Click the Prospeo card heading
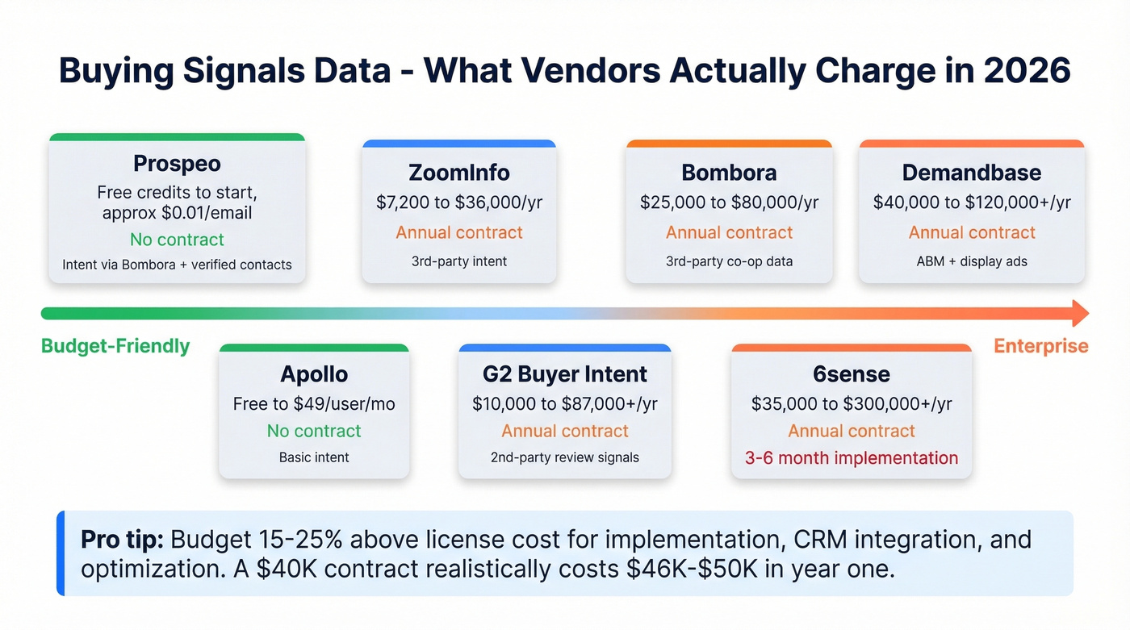coord(177,164)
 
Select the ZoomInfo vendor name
coord(459,173)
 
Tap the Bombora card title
coord(729,173)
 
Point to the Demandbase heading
coord(971,173)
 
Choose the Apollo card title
coord(314,374)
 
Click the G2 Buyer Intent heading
coord(564,374)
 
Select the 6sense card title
coord(851,374)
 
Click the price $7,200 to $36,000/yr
coord(459,202)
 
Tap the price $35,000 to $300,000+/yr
coord(851,404)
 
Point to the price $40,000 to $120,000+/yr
coord(971,202)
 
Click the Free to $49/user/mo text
coord(314,404)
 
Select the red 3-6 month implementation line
coord(851,458)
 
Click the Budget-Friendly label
coord(115,346)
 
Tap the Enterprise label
coord(1040,346)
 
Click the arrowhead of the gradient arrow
coord(1080,313)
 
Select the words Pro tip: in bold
coord(123,540)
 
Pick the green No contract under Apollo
coord(314,431)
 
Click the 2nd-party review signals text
coord(564,457)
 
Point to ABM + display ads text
coord(971,261)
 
